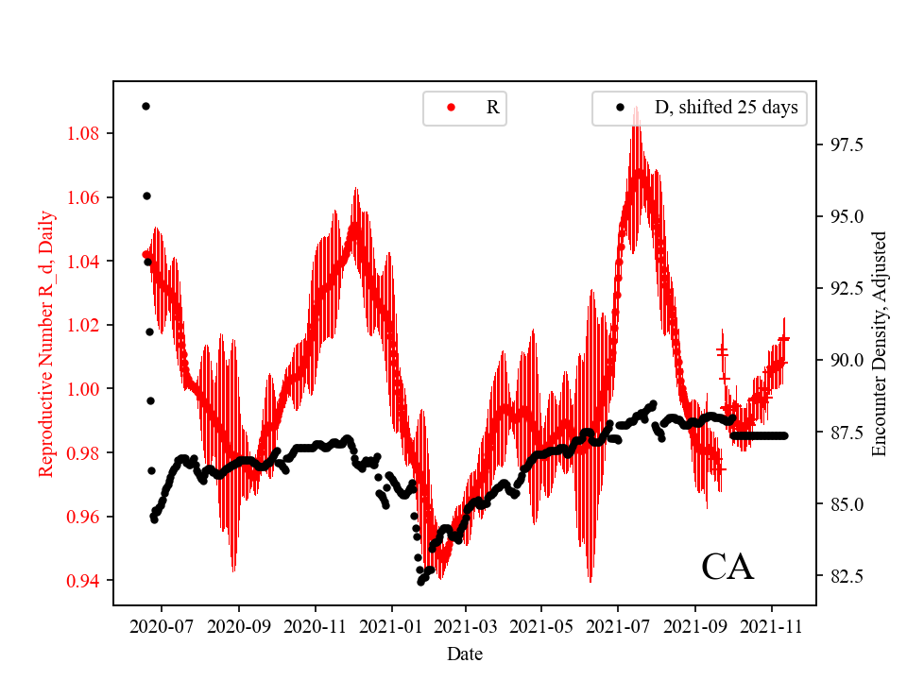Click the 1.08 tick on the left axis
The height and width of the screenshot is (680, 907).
[x=84, y=133]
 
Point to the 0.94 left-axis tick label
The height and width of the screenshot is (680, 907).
[x=84, y=581]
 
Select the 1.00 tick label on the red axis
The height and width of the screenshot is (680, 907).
[x=84, y=389]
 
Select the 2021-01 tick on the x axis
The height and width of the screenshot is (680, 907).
[x=390, y=624]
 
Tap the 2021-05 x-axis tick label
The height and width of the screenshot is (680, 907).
[x=541, y=624]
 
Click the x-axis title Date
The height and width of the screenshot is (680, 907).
[x=465, y=653]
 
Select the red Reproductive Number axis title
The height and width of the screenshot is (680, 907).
[x=46, y=344]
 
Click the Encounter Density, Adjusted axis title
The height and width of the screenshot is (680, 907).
[x=880, y=344]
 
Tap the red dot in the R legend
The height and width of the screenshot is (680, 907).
[x=451, y=108]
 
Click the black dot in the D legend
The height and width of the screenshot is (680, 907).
[x=620, y=108]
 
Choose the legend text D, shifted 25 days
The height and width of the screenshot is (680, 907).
[x=726, y=108]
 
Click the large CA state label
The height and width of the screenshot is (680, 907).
[x=727, y=567]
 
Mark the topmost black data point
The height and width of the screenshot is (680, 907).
[x=145, y=106]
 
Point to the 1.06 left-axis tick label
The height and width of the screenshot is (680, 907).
[x=84, y=197]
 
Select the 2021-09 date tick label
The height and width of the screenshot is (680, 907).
[x=695, y=624]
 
